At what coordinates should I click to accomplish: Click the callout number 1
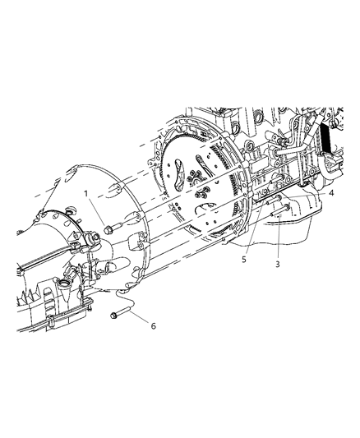(x=85, y=194)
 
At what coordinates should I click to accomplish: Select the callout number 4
(x=331, y=194)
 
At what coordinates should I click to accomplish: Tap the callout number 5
(x=243, y=258)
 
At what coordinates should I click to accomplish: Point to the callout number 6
(x=152, y=326)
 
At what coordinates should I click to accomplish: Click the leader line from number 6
(x=136, y=320)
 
